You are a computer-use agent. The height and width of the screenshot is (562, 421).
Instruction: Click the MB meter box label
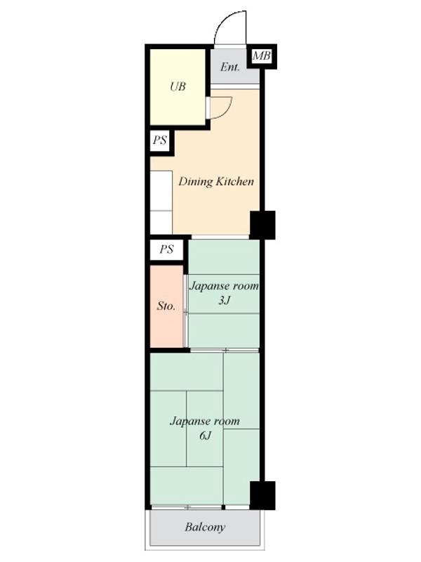click(x=261, y=56)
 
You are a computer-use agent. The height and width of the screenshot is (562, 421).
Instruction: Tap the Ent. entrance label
click(x=230, y=67)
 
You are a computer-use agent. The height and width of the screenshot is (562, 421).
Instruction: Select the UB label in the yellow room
click(x=178, y=86)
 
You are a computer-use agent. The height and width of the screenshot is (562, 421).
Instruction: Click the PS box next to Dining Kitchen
click(x=160, y=140)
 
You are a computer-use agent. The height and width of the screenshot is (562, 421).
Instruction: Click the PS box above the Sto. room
click(x=166, y=249)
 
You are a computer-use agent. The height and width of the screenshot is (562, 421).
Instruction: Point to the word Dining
click(x=196, y=182)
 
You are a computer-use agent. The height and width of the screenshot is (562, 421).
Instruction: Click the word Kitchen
click(x=234, y=181)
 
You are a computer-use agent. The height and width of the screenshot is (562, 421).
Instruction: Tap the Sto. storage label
click(x=166, y=306)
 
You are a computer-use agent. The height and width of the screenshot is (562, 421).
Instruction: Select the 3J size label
click(x=224, y=300)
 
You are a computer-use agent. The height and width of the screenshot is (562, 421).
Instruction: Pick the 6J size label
click(x=205, y=436)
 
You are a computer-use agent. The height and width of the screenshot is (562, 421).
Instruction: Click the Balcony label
click(x=205, y=528)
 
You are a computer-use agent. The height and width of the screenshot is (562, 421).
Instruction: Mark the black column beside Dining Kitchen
click(x=262, y=225)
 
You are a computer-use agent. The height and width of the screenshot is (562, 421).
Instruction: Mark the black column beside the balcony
click(x=262, y=495)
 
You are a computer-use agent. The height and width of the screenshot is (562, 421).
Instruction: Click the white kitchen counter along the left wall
click(x=161, y=202)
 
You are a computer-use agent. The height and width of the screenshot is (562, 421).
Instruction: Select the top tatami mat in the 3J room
click(x=224, y=257)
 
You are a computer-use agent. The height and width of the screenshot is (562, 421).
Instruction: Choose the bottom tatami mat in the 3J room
click(x=224, y=330)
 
